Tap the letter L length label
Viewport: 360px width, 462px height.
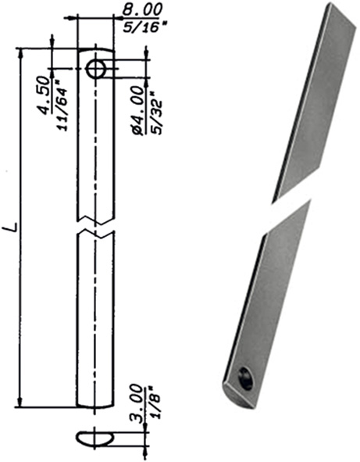coord(11,228)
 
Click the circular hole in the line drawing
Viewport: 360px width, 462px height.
coord(97,69)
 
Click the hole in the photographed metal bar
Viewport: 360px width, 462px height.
coord(244,379)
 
